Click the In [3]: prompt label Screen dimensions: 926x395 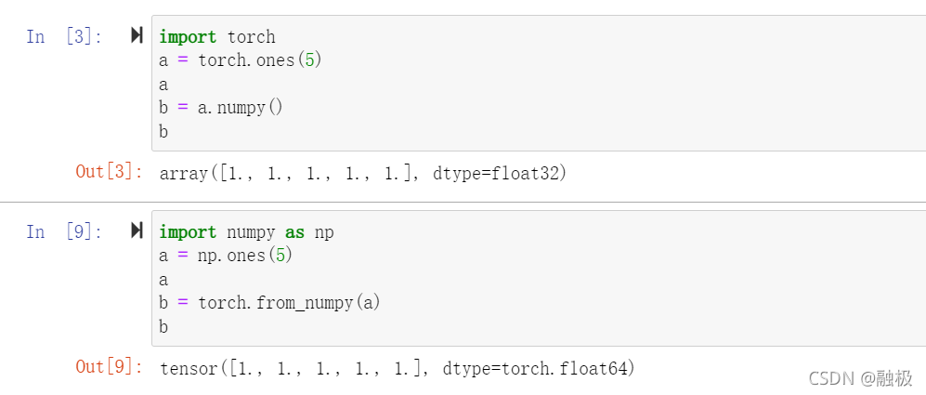point(64,36)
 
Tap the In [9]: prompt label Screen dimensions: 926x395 point(64,231)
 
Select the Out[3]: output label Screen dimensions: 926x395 point(110,172)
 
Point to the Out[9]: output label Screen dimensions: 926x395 point(110,367)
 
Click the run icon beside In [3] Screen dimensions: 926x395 point(137,35)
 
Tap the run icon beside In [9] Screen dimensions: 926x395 point(137,230)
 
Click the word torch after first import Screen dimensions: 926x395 point(252,36)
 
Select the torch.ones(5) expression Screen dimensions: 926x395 point(260,60)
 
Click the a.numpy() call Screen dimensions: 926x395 point(241,108)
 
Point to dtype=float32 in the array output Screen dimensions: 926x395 point(499,173)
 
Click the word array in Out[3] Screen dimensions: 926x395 point(184,173)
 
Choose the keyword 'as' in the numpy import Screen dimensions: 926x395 point(294,232)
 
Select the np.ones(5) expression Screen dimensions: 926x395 point(245,256)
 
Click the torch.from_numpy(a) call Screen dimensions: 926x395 point(290,303)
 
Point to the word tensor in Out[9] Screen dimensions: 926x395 point(189,368)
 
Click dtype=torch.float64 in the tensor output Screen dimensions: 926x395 point(538,368)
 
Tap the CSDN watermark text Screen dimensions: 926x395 point(860,378)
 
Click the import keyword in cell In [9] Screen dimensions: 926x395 point(188,232)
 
